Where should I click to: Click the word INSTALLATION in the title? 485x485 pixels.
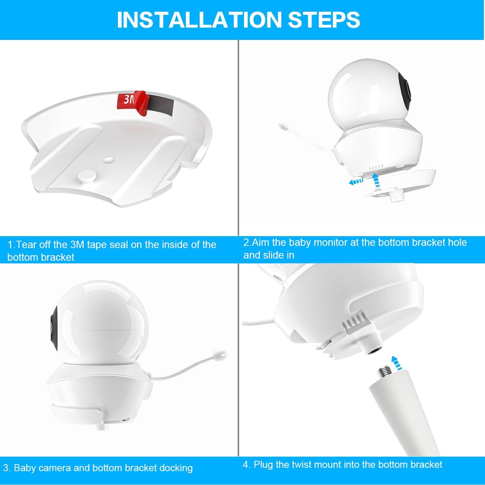click(199, 20)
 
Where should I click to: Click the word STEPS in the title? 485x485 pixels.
click(324, 20)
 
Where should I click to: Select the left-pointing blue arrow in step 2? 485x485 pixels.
click(356, 181)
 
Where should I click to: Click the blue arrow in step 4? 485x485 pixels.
click(397, 363)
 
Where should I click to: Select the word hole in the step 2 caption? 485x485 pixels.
click(457, 242)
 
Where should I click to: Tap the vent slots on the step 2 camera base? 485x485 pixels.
click(376, 167)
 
